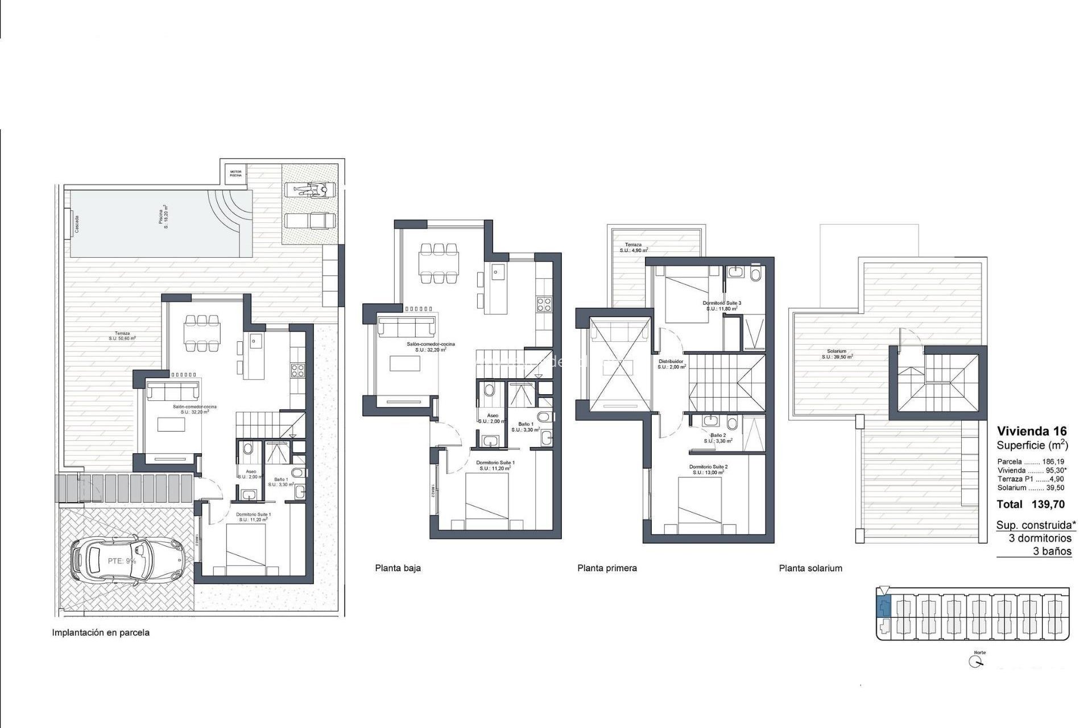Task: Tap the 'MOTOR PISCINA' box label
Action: point(235,173)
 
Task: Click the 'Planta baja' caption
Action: point(398,568)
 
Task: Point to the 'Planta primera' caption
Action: point(607,568)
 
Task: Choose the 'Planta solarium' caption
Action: point(810,568)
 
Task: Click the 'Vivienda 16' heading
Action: point(1032,431)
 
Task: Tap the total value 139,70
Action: point(1048,504)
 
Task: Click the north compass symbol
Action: point(977,662)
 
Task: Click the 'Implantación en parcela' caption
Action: point(101,632)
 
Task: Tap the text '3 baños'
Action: point(1052,551)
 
